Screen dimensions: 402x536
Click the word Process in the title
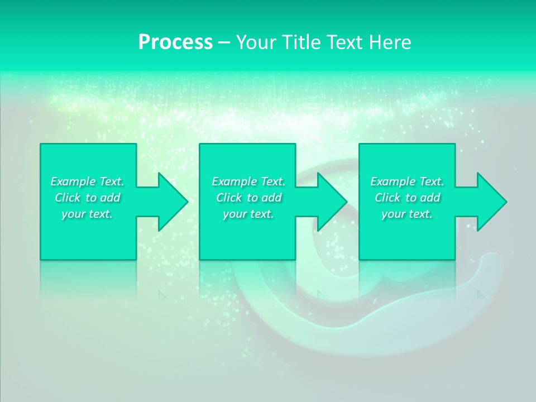[x=175, y=42]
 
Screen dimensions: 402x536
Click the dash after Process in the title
[x=224, y=43]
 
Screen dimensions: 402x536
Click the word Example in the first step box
[x=73, y=181]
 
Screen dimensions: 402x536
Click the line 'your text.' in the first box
[x=87, y=214]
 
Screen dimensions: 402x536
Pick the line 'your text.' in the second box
[x=248, y=214]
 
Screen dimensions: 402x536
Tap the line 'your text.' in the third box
[x=407, y=214]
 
